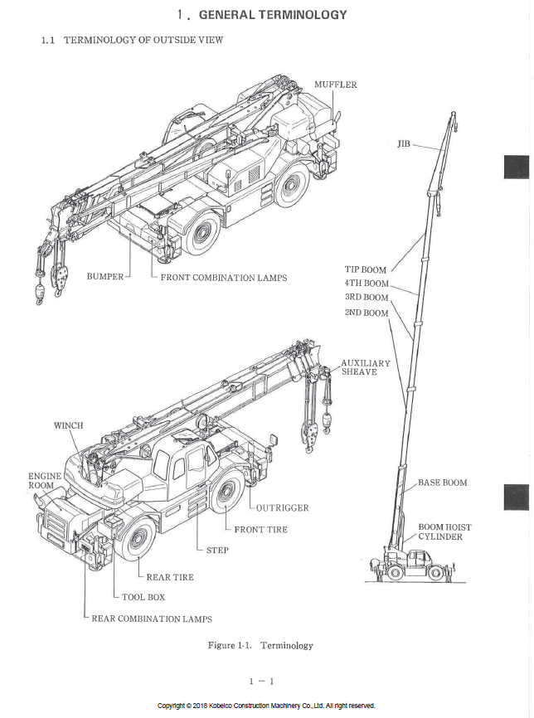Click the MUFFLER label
(335, 85)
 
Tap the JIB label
(404, 144)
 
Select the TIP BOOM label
(366, 269)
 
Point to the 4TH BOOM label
(367, 284)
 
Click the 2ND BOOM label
(366, 313)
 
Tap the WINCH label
(69, 425)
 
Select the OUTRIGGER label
(282, 507)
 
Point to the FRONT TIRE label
(260, 529)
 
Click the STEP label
(217, 550)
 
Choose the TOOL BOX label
(143, 597)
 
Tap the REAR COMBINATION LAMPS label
(151, 619)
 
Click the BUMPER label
(105, 277)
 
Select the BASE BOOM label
(442, 483)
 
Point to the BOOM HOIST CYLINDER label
(444, 531)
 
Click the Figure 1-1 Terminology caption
(260, 645)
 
